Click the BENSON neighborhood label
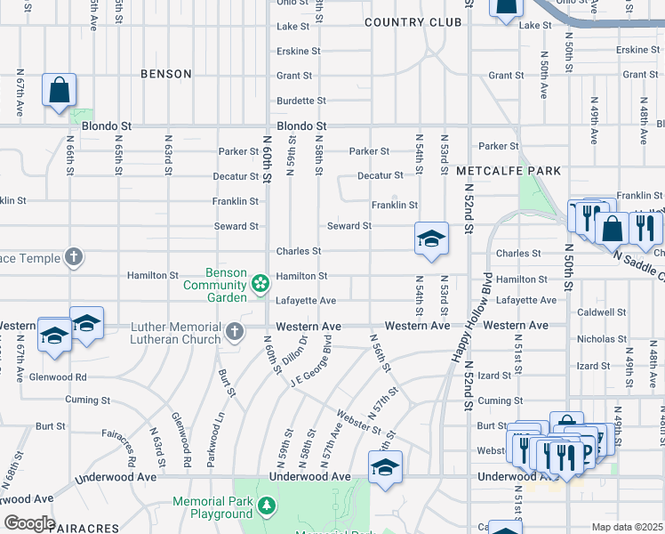[x=166, y=74]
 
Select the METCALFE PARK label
[x=508, y=170]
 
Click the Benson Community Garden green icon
[x=260, y=284]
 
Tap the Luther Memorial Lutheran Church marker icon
[x=235, y=333]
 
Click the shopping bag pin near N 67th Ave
[x=59, y=91]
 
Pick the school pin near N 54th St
[x=431, y=239]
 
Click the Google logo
[x=29, y=523]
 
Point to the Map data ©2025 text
[x=628, y=527]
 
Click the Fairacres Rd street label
[x=130, y=448]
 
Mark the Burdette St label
[x=301, y=101]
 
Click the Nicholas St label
[x=602, y=339]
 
